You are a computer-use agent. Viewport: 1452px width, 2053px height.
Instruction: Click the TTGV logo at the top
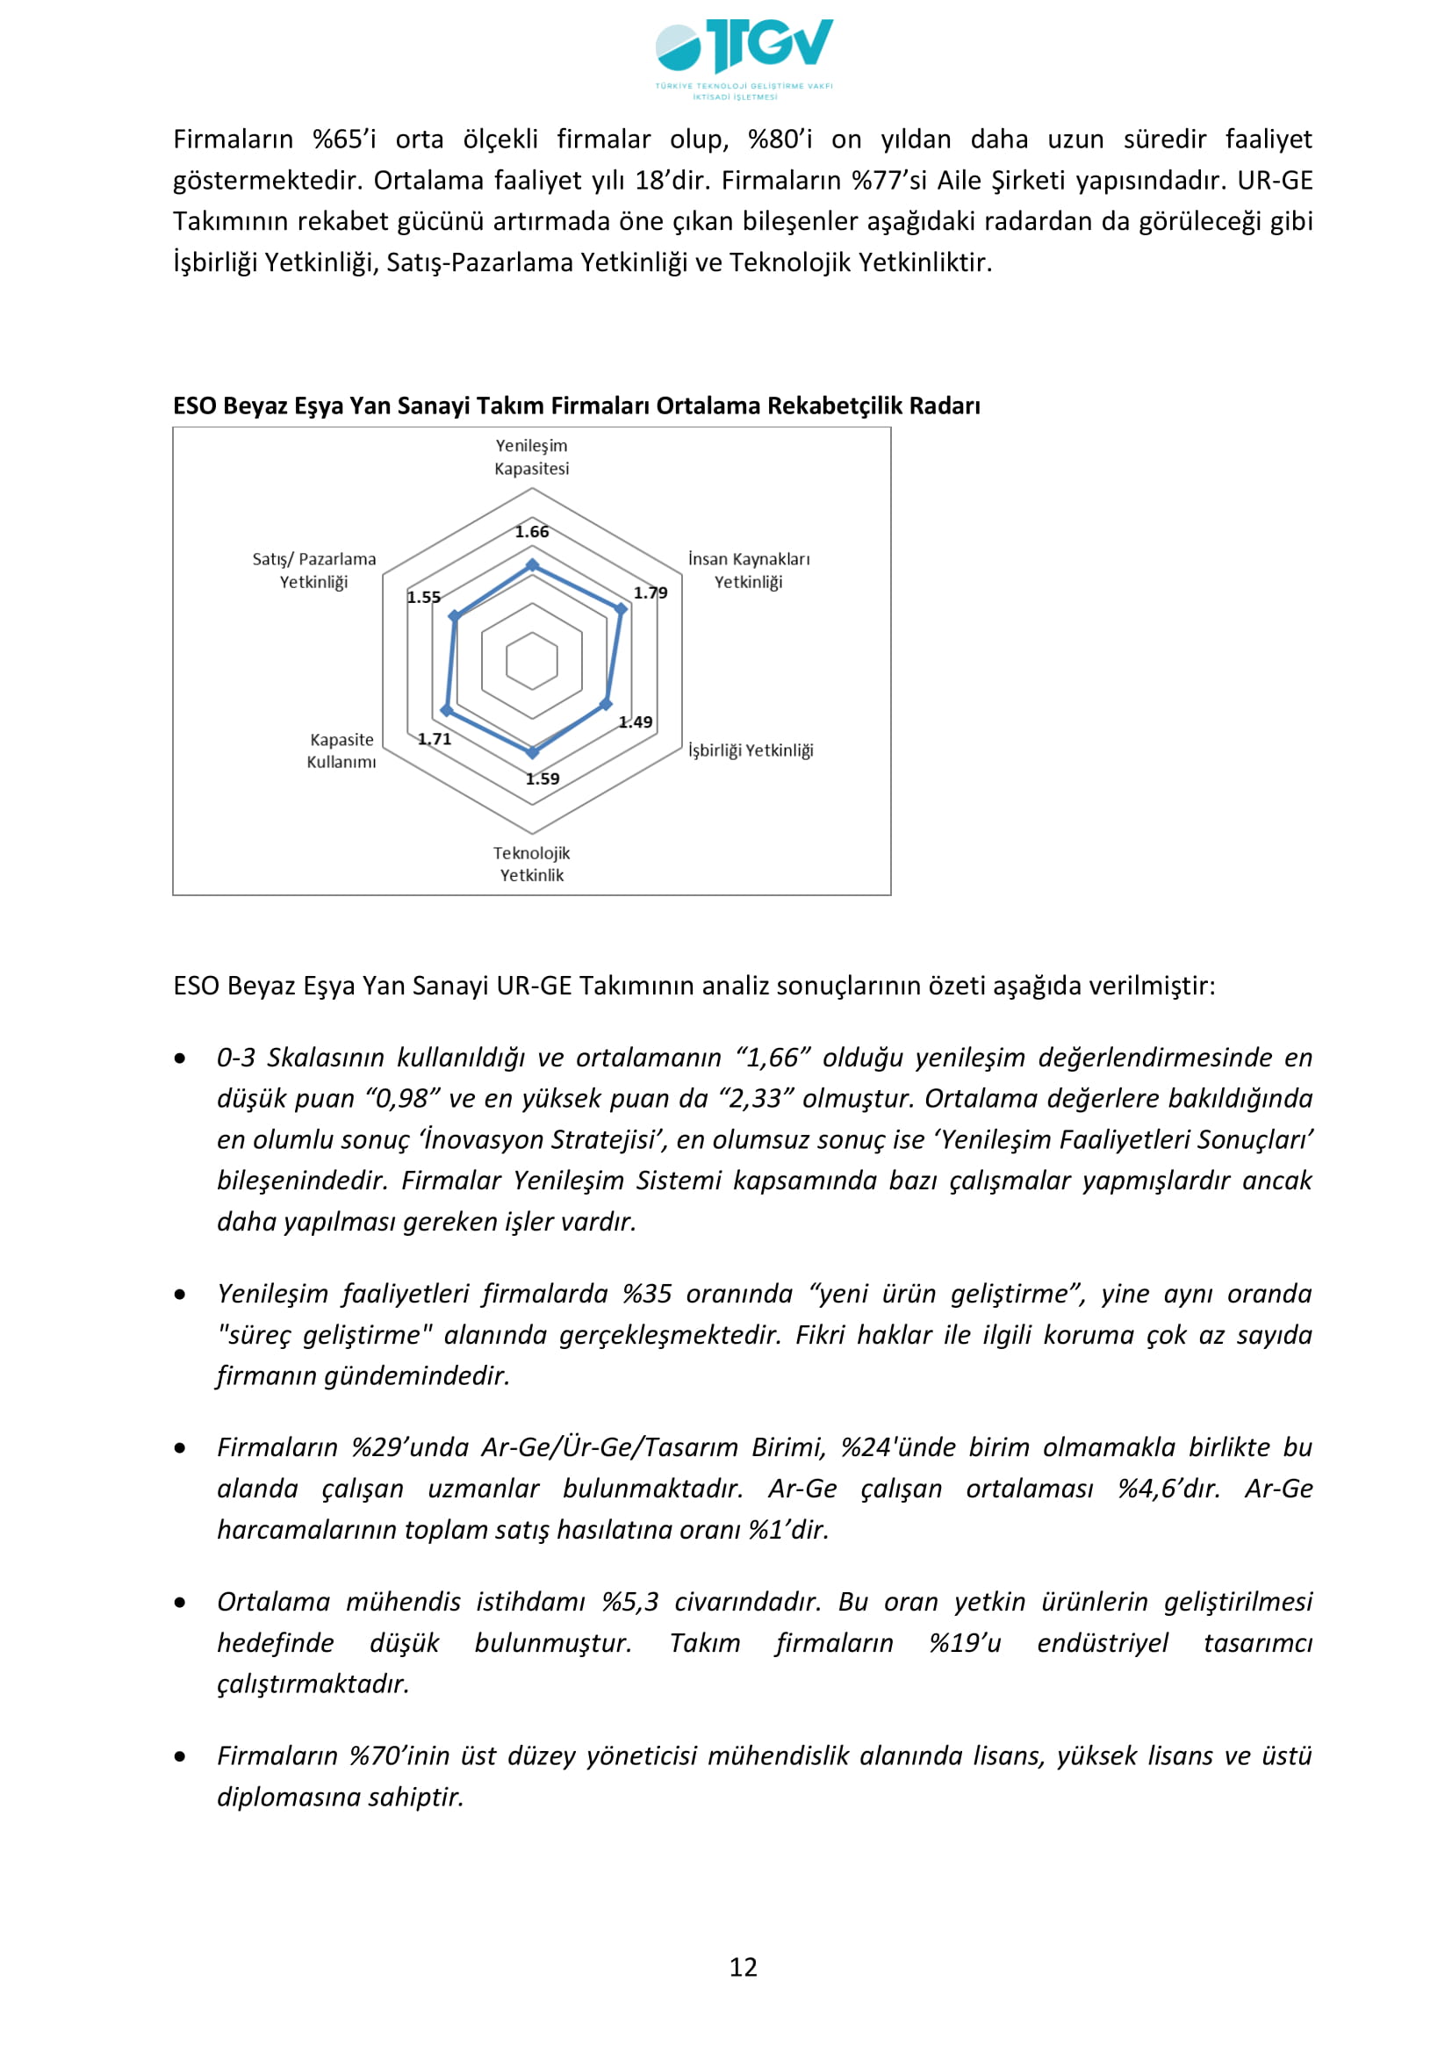click(x=744, y=55)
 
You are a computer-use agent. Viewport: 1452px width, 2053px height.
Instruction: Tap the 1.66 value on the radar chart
click(x=532, y=532)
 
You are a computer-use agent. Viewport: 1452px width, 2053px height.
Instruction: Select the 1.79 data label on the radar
click(x=651, y=592)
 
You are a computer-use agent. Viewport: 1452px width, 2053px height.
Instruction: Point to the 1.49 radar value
click(x=636, y=722)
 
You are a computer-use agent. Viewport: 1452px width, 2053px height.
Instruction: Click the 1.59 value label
click(x=543, y=779)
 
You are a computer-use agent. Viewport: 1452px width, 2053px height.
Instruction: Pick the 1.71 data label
click(x=435, y=738)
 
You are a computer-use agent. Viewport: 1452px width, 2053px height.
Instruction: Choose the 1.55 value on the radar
click(x=424, y=598)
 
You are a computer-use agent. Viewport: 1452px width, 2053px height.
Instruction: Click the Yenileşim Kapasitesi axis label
click(x=532, y=457)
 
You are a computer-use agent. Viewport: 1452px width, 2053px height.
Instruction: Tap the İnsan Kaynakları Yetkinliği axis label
click(x=749, y=571)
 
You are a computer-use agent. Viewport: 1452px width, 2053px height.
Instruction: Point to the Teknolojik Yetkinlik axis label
click(x=532, y=864)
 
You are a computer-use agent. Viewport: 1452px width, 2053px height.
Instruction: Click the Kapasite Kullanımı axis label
click(x=341, y=751)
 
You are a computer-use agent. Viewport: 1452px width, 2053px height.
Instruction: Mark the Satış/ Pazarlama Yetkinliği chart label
click(x=313, y=571)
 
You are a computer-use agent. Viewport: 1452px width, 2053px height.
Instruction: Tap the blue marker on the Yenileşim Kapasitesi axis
click(x=533, y=565)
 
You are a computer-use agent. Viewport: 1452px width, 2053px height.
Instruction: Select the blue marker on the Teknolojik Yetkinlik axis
click(x=533, y=753)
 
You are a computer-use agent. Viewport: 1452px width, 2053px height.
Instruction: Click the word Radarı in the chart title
click(x=945, y=406)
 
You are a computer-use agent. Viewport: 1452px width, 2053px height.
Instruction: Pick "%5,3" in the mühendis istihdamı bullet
click(x=630, y=1602)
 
